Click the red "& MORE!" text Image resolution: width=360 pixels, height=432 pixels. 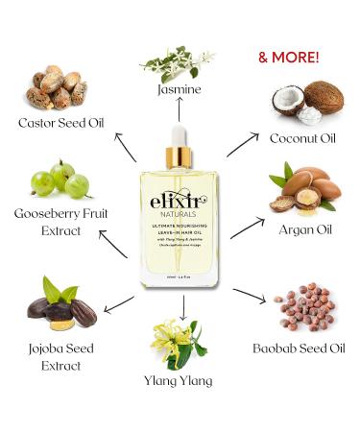(x=289, y=57)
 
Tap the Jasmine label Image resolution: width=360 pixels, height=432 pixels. (x=180, y=90)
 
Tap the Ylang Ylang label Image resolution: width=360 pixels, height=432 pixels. (x=180, y=380)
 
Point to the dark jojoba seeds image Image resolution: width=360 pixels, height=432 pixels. (x=59, y=304)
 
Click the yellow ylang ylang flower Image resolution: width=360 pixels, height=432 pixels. (x=178, y=341)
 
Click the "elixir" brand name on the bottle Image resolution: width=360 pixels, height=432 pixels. (x=180, y=203)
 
